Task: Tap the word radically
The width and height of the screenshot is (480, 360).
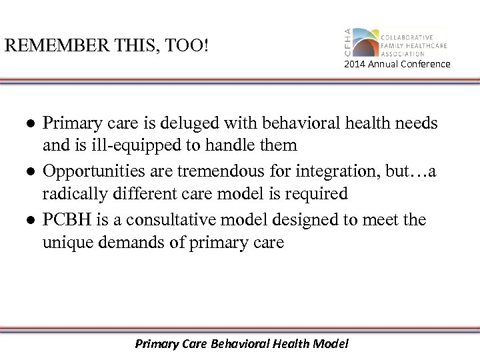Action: [72, 193]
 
